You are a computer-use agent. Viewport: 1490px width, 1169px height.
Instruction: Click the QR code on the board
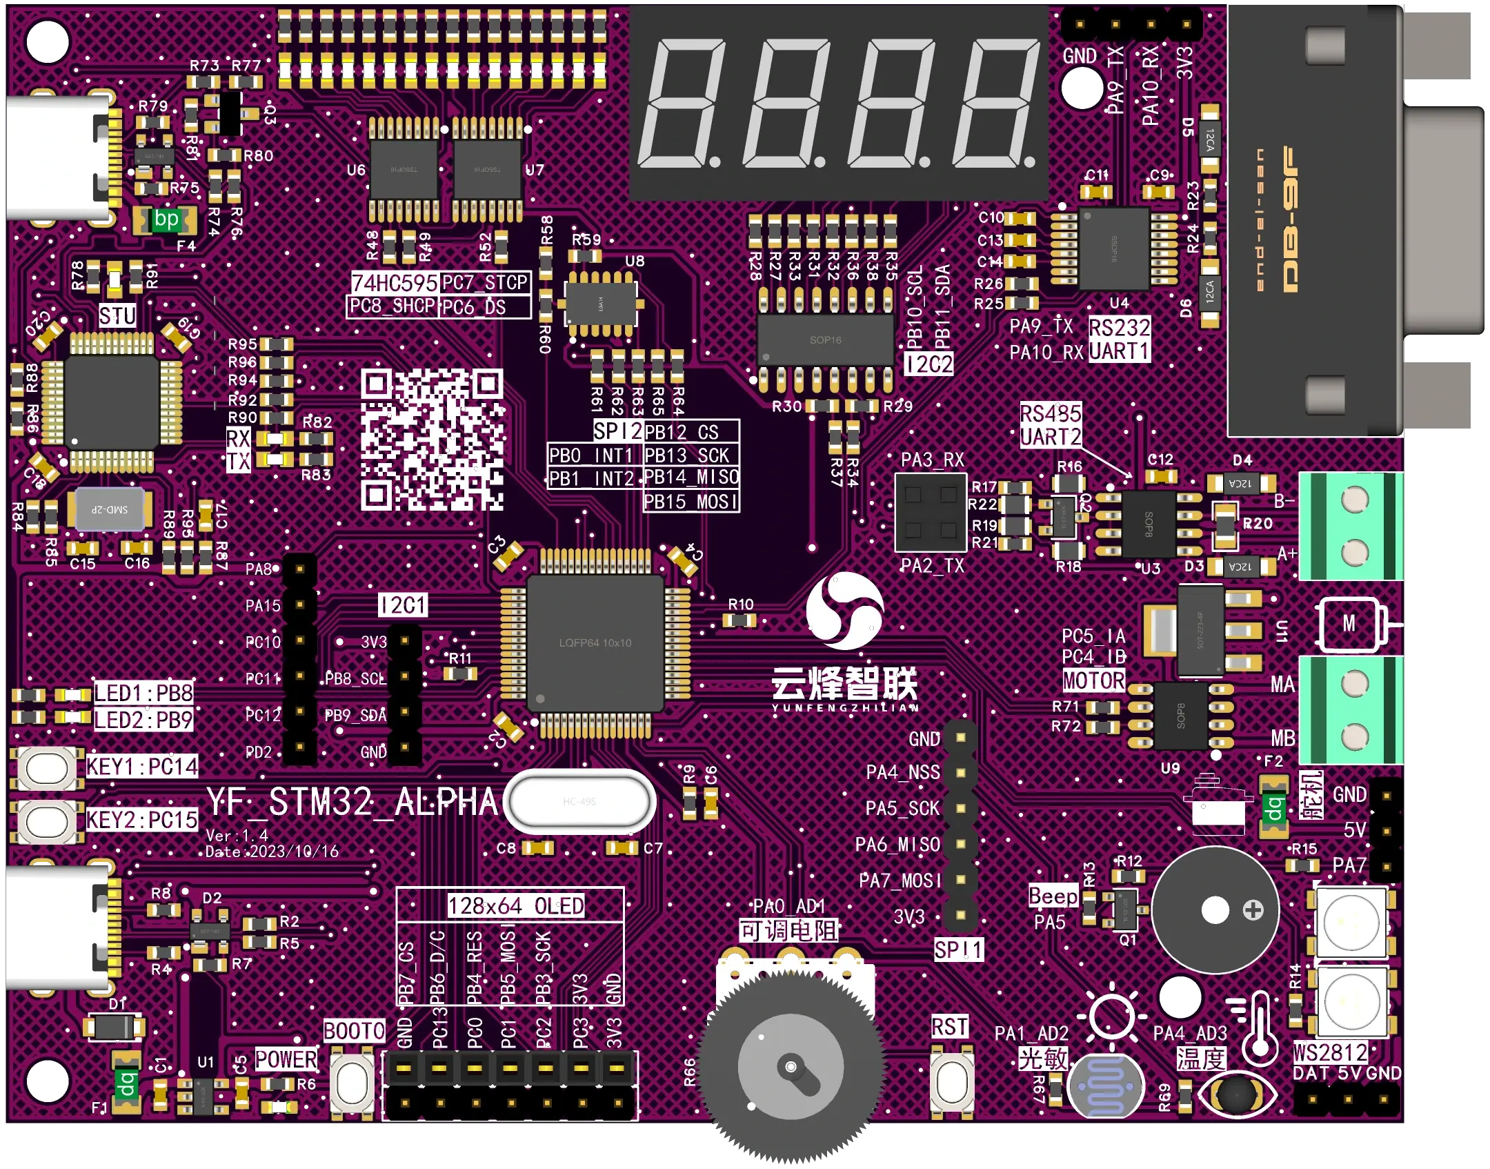[432, 440]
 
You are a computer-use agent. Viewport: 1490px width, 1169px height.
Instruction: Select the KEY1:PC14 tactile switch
[47, 767]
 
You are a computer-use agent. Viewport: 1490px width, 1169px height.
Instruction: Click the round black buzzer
[1215, 910]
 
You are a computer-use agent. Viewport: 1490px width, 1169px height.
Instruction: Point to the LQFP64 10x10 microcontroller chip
[595, 643]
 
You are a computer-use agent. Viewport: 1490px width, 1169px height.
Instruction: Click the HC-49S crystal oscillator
[579, 801]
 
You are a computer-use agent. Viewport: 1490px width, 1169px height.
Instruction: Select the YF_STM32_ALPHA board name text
[352, 802]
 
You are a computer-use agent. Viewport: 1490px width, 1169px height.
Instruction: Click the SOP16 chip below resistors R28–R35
[825, 340]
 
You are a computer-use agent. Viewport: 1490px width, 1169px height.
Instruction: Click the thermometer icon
[1259, 1027]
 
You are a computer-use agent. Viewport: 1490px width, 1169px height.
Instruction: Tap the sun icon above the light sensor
[1111, 1016]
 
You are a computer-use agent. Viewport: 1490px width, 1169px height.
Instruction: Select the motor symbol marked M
[1349, 624]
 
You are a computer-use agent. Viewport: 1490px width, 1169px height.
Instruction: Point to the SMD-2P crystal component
[110, 509]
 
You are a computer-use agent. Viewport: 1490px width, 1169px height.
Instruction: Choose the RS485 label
[1051, 414]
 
